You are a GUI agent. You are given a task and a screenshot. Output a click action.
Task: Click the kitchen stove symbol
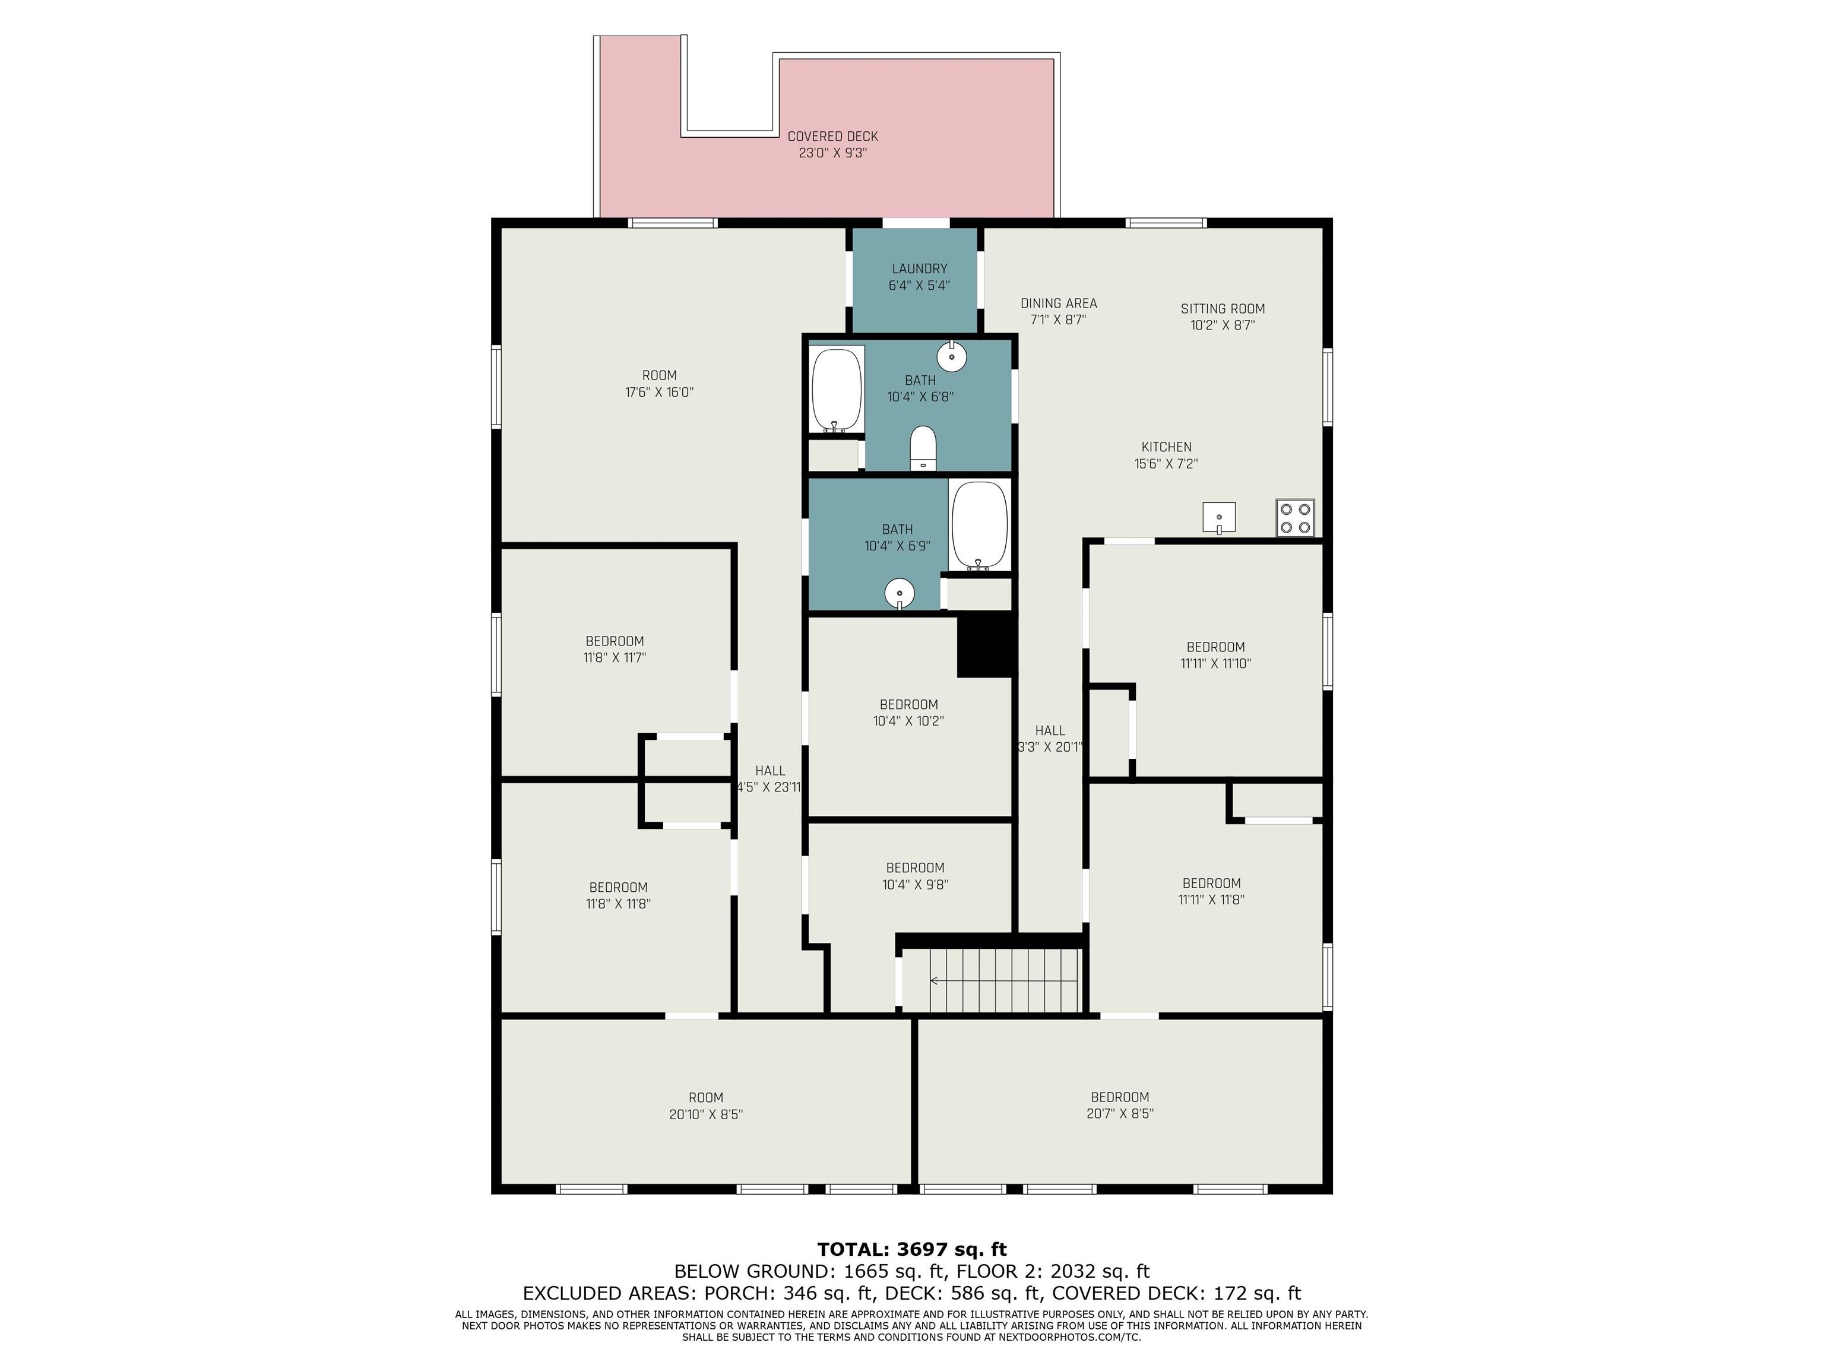tap(1294, 518)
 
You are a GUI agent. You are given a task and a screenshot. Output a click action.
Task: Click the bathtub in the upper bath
tap(837, 390)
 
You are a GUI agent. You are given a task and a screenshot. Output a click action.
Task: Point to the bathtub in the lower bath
tap(980, 526)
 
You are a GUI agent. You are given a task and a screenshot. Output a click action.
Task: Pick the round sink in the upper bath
tap(952, 356)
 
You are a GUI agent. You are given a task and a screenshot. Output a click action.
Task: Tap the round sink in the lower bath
tap(900, 594)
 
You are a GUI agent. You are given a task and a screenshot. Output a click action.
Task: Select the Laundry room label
tap(919, 269)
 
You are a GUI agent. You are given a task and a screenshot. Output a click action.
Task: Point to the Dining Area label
tap(1059, 303)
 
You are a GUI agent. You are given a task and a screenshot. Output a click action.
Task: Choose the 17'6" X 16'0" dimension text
tap(660, 392)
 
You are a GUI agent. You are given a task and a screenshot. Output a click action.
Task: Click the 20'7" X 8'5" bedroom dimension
tap(1120, 1114)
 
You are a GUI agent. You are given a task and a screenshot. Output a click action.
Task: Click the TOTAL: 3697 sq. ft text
tap(912, 1249)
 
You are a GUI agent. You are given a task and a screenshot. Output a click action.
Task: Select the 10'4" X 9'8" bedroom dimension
tap(916, 885)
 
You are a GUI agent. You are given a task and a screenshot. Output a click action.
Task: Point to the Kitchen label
tap(1167, 448)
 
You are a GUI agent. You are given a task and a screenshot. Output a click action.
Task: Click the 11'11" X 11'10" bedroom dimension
tap(1216, 664)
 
